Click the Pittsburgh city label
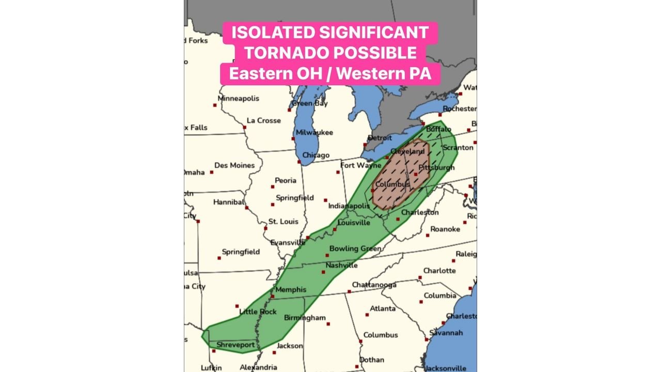pyautogui.click(x=436, y=168)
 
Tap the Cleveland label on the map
pyautogui.click(x=407, y=151)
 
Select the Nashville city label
pyautogui.click(x=341, y=266)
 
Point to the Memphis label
pyautogui.click(x=291, y=290)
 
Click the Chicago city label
pyautogui.click(x=316, y=155)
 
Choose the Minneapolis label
pyautogui.click(x=239, y=98)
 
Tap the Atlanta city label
pyautogui.click(x=383, y=308)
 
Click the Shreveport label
pyautogui.click(x=235, y=345)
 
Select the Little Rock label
pyautogui.click(x=258, y=312)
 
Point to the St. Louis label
pyautogui.click(x=283, y=222)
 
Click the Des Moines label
pyautogui.click(x=234, y=165)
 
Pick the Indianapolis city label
pyautogui.click(x=349, y=206)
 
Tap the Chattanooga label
pyautogui.click(x=374, y=285)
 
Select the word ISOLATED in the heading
pyautogui.click(x=272, y=32)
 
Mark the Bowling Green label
pyautogui.click(x=355, y=249)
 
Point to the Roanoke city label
pyautogui.click(x=445, y=229)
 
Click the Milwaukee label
pyautogui.click(x=314, y=132)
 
